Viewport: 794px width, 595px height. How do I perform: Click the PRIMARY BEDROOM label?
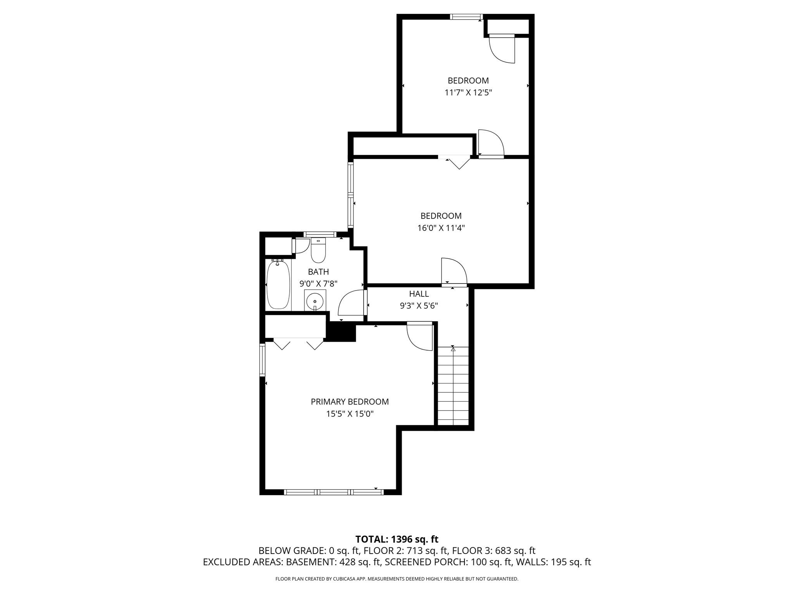coord(349,402)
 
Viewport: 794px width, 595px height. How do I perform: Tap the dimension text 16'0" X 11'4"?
coord(441,228)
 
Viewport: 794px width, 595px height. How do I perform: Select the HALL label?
coord(419,294)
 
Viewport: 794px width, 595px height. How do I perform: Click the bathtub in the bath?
coord(278,285)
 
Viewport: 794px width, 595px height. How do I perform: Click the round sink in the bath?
coord(315,301)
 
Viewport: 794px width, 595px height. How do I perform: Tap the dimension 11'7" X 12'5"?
coord(468,93)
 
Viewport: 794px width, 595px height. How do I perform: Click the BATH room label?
coord(318,272)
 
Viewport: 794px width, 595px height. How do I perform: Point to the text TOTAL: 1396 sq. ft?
coord(397,539)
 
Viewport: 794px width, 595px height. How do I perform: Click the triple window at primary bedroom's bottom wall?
coord(333,492)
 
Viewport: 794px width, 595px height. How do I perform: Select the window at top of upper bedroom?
coord(466,17)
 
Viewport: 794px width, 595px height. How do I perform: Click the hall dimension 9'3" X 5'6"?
coord(419,306)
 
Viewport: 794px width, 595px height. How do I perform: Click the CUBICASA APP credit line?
coord(397,579)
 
